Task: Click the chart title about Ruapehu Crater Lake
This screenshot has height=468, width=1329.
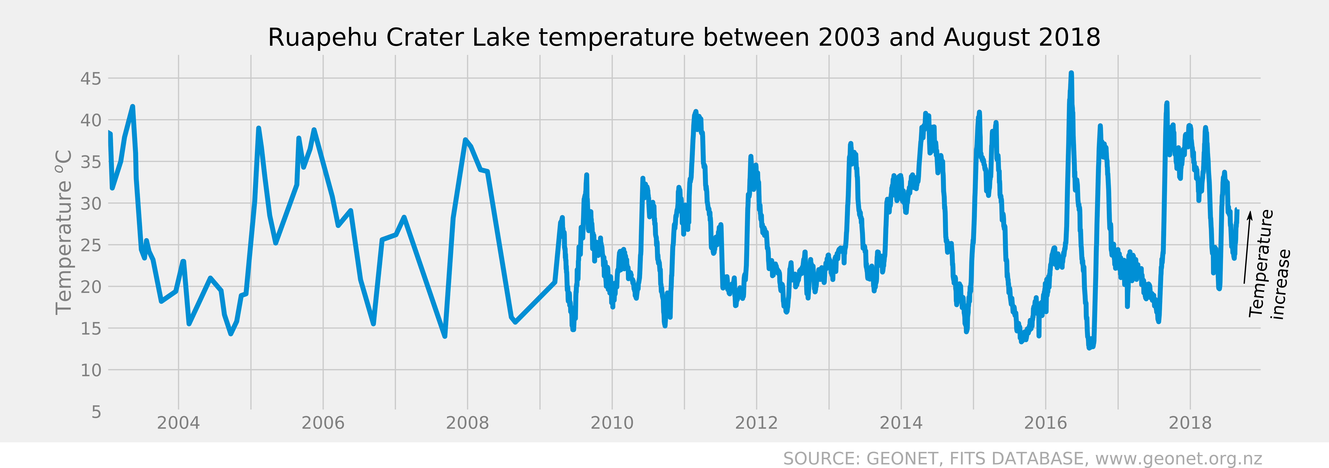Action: tap(684, 38)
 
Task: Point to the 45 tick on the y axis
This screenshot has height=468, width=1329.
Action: tap(91, 79)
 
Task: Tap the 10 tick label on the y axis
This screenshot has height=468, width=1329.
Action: tap(91, 370)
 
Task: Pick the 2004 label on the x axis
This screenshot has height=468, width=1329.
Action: tap(179, 423)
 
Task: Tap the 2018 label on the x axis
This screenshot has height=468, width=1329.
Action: tap(1190, 423)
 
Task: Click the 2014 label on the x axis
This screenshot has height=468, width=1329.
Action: tap(901, 423)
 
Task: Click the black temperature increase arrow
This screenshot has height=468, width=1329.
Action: tap(1247, 247)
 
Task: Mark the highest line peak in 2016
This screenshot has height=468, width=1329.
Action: tap(1071, 73)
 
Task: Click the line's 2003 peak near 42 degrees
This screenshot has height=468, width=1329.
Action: tap(133, 107)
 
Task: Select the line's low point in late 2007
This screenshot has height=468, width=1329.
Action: tap(445, 336)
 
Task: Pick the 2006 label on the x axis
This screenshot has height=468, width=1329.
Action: tap(323, 423)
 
